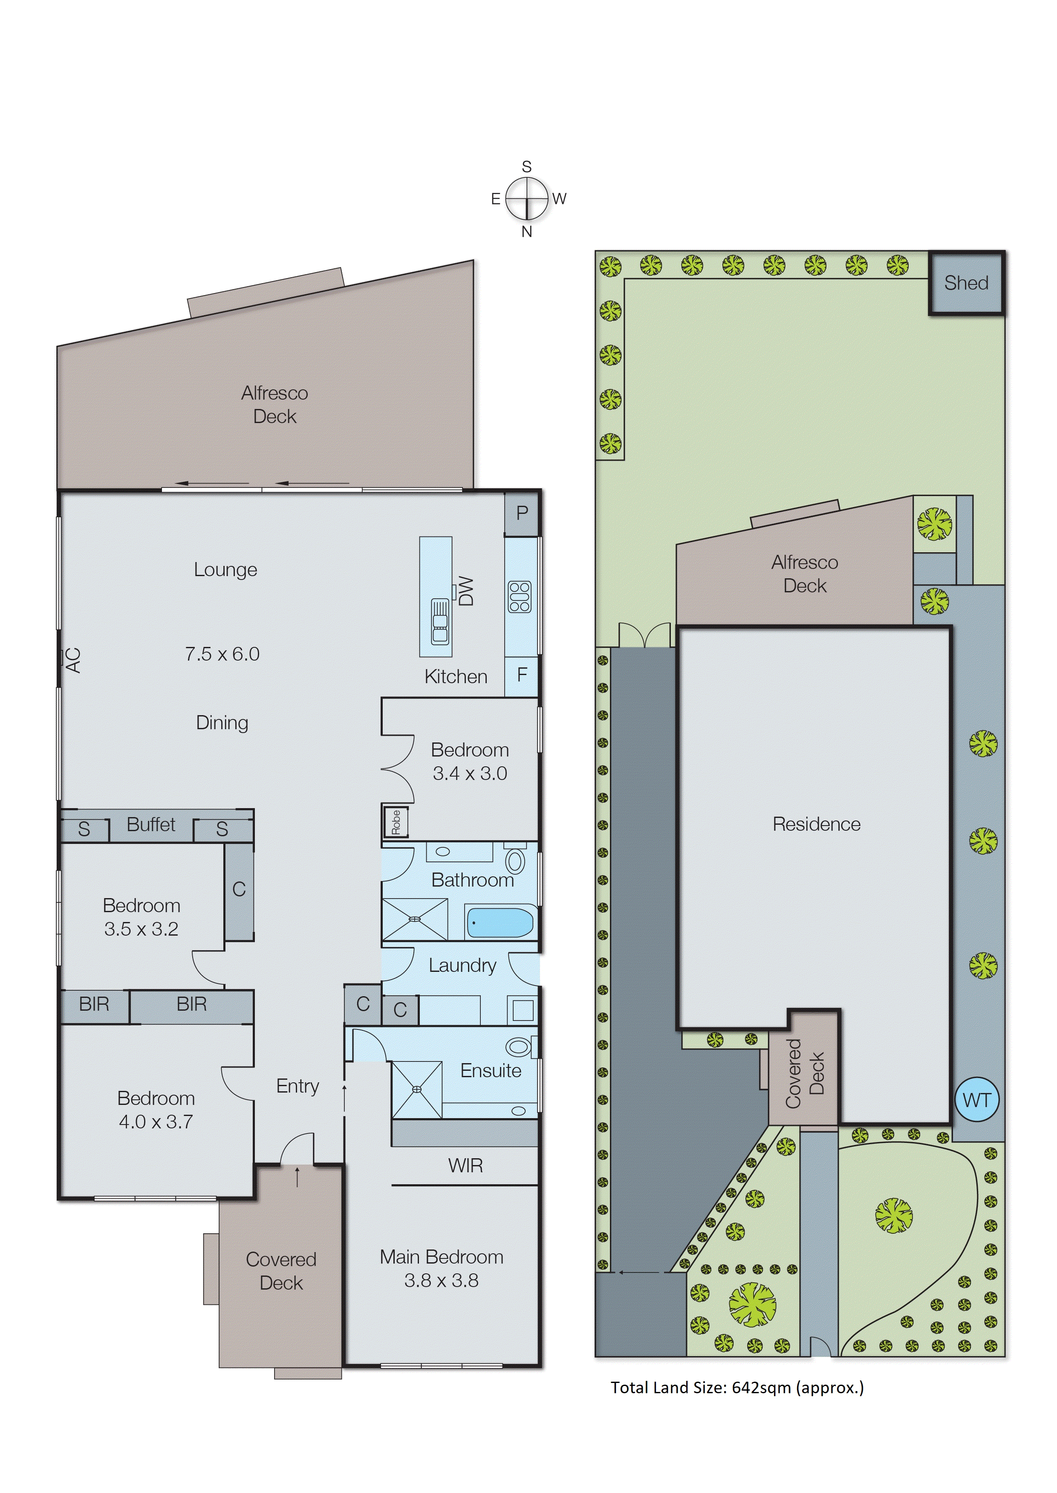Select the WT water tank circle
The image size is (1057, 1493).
[x=976, y=1100]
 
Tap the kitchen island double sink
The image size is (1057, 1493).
[x=440, y=621]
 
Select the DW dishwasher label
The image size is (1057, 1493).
[x=466, y=591]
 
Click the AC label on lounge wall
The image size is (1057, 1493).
[x=74, y=660]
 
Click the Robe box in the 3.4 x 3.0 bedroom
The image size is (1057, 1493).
[x=396, y=822]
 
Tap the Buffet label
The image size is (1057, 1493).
[x=151, y=824]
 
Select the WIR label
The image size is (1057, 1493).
[x=465, y=1165]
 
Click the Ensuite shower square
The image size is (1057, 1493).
[x=416, y=1089]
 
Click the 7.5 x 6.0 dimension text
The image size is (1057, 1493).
[x=222, y=654]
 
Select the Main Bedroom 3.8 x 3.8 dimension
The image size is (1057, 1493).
[x=441, y=1280]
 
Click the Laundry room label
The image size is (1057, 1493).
[x=462, y=965]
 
